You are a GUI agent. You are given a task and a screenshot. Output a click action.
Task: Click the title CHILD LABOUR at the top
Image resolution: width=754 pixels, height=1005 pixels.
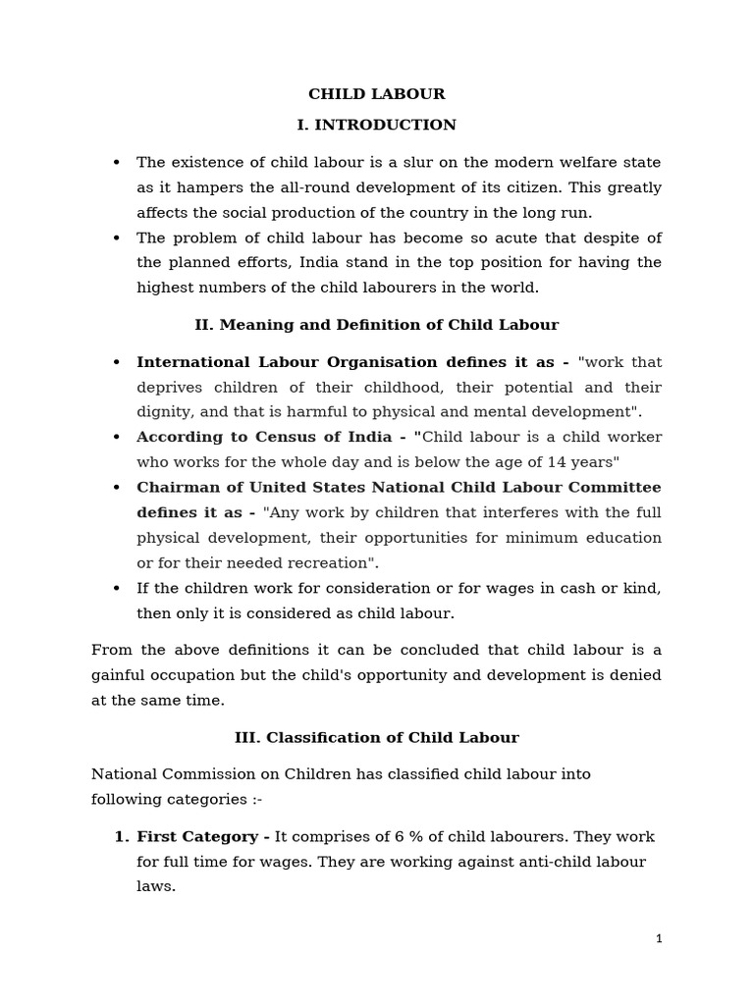(x=376, y=94)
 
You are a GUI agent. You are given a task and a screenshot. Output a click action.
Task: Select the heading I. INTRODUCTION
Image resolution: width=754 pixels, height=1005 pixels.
(x=376, y=125)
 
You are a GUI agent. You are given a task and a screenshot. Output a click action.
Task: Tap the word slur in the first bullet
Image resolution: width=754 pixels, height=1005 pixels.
(x=413, y=162)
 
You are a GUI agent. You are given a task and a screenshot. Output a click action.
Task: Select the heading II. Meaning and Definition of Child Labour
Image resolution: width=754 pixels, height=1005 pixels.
(x=376, y=325)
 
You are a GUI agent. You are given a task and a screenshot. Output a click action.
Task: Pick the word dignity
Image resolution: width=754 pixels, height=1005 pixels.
(x=163, y=412)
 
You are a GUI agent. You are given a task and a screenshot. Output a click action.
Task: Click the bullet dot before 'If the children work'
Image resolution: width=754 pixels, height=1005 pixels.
(x=117, y=588)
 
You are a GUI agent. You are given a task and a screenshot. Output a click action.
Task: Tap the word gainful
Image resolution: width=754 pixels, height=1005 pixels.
(x=121, y=675)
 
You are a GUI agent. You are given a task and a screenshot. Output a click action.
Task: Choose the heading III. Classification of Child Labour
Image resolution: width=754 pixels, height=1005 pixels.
(x=376, y=737)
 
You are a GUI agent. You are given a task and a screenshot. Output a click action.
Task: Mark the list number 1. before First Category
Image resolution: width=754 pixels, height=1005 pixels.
(x=122, y=837)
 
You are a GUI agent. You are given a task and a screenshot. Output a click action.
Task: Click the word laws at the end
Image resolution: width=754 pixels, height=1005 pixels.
(x=155, y=886)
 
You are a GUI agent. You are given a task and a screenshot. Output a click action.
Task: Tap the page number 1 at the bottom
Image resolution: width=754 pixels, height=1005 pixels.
(x=659, y=939)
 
